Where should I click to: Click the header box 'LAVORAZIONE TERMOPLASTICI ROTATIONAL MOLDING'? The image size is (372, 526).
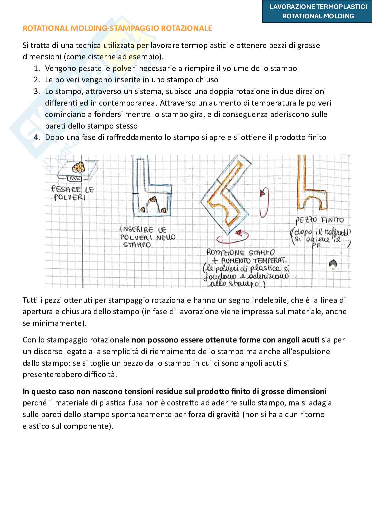coord(317,11)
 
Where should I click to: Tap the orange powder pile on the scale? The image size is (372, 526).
coord(79,167)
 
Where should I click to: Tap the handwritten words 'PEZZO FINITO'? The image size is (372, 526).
coord(319,220)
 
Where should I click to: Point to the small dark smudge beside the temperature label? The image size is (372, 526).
coord(332,264)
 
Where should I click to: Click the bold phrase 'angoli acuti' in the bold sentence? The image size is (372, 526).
coord(299,340)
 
